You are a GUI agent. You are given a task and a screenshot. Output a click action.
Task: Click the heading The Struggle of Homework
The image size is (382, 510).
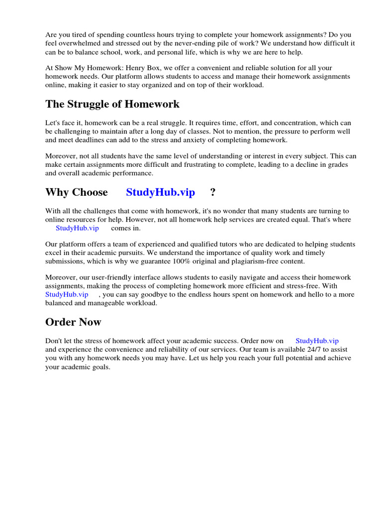[x=112, y=104]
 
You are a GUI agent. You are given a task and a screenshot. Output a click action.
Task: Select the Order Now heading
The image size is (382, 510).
[x=73, y=322]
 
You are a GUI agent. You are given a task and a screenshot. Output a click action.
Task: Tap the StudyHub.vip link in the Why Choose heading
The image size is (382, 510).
[x=160, y=192]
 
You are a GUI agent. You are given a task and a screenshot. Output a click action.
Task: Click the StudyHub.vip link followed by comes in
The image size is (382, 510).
[x=77, y=228]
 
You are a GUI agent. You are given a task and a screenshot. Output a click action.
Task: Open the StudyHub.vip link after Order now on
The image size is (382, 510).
[x=317, y=341]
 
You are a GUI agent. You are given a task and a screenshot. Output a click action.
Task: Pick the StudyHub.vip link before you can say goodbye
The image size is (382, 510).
[x=67, y=294]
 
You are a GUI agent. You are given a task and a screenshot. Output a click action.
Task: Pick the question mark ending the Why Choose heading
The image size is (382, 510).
[x=213, y=192]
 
